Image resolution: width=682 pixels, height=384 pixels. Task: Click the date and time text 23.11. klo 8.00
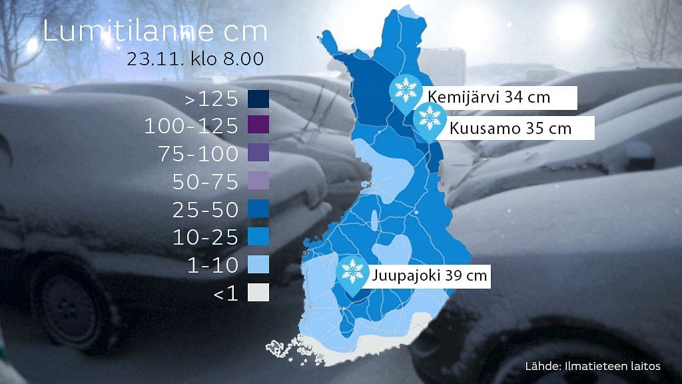pos(196,59)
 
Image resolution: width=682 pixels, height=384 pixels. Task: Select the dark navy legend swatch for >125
pos(258,99)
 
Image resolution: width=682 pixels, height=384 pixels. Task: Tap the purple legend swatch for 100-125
pos(258,126)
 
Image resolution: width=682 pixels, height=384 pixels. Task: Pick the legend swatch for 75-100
pos(258,153)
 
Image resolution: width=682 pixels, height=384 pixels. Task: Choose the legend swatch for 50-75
pos(258,181)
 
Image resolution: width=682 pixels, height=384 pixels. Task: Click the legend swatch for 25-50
pos(258,209)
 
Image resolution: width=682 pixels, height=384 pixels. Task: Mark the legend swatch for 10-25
pos(258,237)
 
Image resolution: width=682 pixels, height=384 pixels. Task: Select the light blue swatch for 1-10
pos(258,265)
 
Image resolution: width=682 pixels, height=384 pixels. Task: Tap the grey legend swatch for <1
pos(258,292)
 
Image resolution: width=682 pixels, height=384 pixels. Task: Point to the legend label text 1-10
pos(213,265)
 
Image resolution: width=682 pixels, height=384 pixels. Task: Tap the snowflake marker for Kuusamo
pos(430,120)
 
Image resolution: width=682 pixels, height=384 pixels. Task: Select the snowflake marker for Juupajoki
pos(352,270)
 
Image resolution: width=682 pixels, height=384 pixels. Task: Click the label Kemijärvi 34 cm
pos(490,97)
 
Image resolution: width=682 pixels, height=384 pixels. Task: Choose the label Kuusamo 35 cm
pos(511,128)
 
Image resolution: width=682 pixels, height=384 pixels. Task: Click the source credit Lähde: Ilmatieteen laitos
pos(592,366)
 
